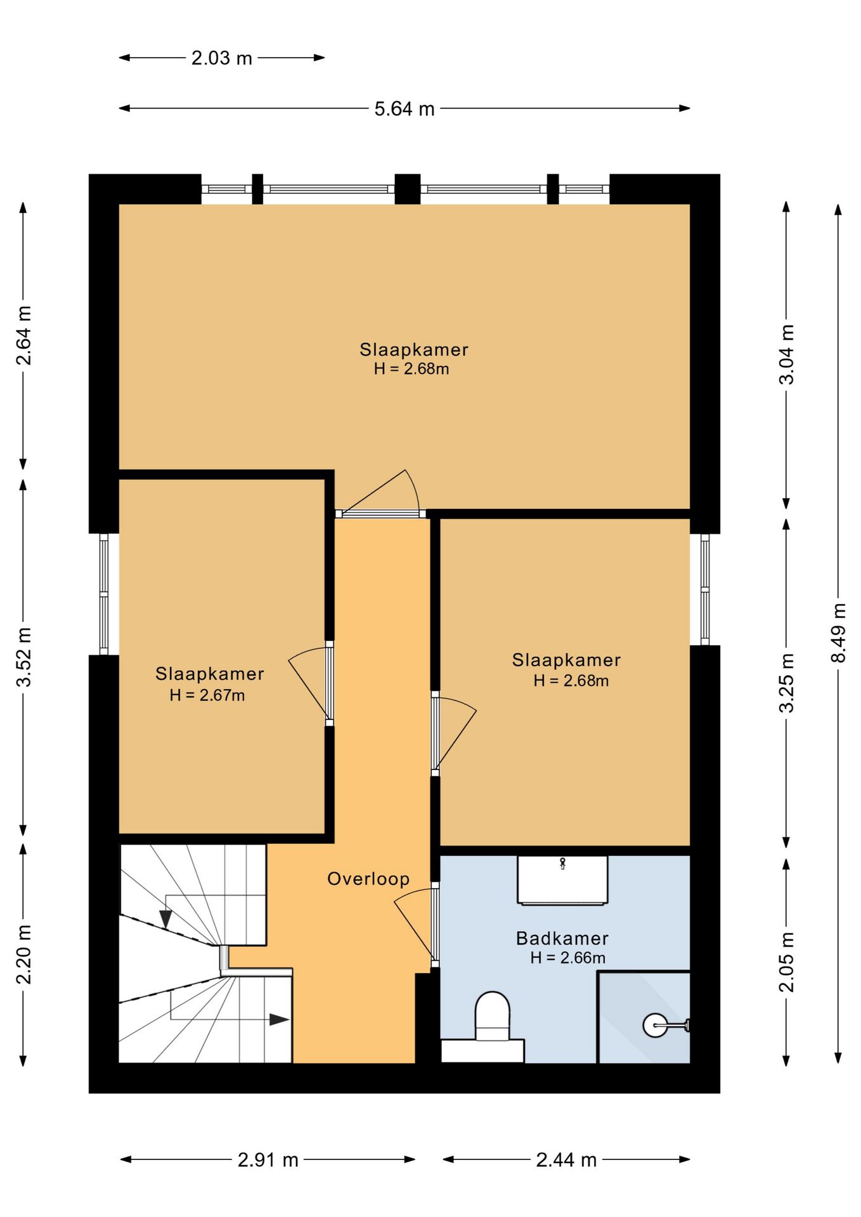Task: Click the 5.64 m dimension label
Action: coord(405,109)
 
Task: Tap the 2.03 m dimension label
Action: coord(222,58)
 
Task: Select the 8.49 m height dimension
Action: coord(838,633)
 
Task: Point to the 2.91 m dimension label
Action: coord(268,1160)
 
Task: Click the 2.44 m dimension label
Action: coord(566,1160)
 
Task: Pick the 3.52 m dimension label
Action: coord(24,657)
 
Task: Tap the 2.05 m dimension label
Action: coord(786,962)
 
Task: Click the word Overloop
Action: coord(368,879)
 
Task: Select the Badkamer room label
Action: coord(562,938)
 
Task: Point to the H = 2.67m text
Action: coord(207,695)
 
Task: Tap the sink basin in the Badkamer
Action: coord(562,880)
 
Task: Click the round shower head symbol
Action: coord(655,1025)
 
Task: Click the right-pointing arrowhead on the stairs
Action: coord(280,1020)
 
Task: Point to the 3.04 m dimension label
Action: coord(786,355)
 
